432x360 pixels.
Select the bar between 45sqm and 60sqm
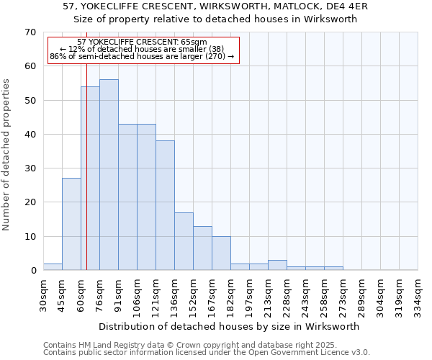click(x=71, y=224)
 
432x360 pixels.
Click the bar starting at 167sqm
click(x=221, y=253)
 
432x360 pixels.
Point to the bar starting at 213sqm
click(x=277, y=265)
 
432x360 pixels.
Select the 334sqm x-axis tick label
click(x=418, y=294)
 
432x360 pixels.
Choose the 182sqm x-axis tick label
click(x=230, y=294)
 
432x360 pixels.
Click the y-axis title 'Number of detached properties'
click(x=6, y=155)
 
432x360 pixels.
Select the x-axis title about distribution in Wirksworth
click(x=228, y=326)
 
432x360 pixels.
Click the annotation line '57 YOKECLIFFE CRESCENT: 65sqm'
click(x=142, y=42)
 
